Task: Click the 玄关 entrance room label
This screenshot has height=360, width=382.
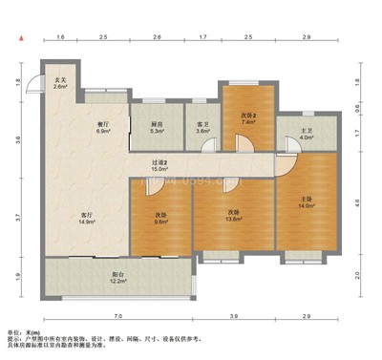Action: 59,79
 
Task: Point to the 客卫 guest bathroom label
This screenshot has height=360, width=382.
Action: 202,124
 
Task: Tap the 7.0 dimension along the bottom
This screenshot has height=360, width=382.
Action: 117,315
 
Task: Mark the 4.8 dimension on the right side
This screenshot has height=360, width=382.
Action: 357,202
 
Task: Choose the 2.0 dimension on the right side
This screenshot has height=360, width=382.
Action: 357,276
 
